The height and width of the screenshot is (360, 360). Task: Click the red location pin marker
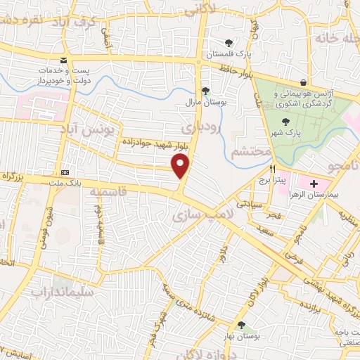pos(181,167)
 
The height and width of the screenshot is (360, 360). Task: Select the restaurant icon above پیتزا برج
pos(272,169)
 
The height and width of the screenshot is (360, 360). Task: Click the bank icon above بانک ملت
pos(65,172)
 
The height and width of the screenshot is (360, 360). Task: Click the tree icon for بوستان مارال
pos(205,91)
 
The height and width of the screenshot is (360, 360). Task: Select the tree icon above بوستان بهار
pos(242,326)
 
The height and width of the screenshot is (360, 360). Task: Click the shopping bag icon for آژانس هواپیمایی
pos(303,82)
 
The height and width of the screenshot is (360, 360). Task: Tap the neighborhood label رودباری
pos(201,129)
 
